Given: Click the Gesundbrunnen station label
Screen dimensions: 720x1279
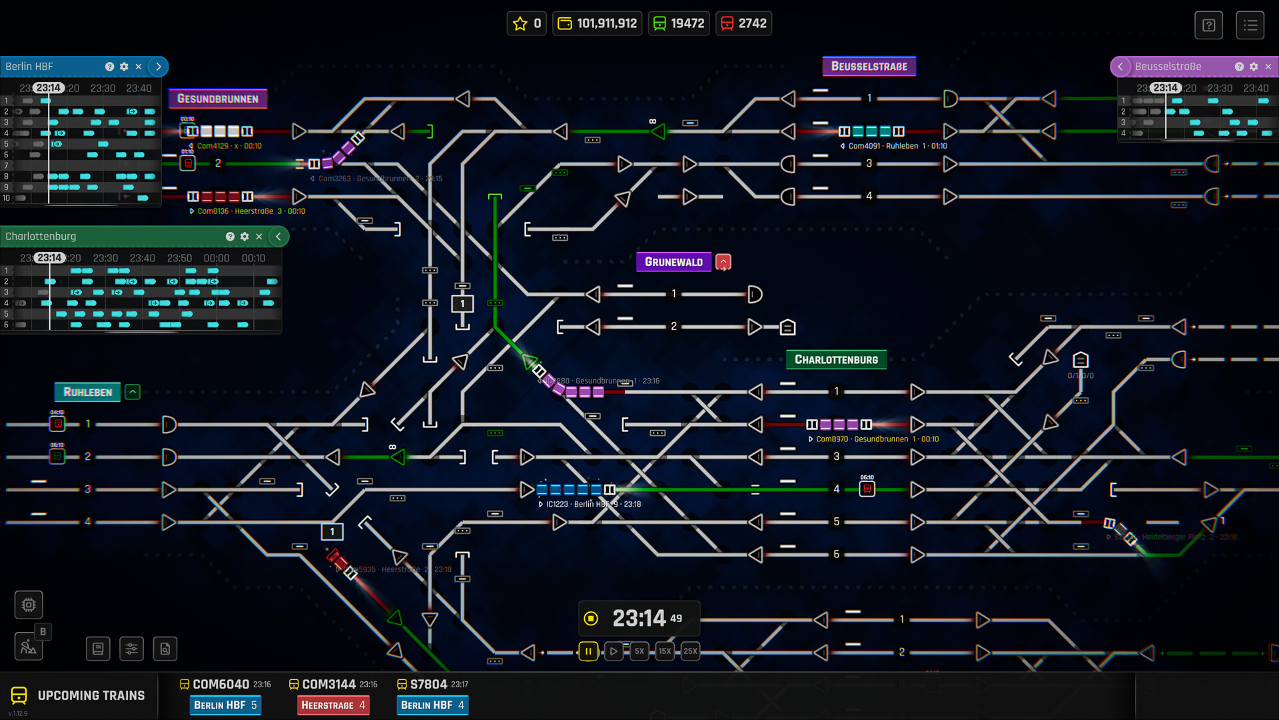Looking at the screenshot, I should pos(217,99).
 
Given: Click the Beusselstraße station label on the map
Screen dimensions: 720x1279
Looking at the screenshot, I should pos(869,66).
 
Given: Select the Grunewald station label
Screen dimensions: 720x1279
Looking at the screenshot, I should pos(673,262).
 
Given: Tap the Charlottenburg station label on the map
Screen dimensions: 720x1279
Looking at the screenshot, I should pos(836,359).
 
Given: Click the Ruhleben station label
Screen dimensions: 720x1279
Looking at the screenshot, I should pos(87,392).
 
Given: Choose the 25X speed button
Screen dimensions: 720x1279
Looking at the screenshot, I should pos(690,651).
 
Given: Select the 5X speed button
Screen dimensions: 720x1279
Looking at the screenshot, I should pos(639,651).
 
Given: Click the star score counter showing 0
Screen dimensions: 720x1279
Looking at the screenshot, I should pos(526,23).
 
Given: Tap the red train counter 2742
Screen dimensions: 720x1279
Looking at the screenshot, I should pos(743,23).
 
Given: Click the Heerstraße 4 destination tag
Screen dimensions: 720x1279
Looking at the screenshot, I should pos(332,705).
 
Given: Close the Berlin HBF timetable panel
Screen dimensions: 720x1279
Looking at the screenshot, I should pos(139,67).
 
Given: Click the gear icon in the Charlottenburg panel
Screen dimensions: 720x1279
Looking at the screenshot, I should pos(244,237).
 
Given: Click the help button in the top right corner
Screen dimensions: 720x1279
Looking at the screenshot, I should pos(1208,25).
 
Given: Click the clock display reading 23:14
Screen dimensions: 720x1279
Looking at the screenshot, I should pos(638,619).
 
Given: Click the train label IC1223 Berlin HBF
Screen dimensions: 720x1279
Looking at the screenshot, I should pos(590,505).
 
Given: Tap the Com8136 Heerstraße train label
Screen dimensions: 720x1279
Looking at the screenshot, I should pos(247,211).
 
